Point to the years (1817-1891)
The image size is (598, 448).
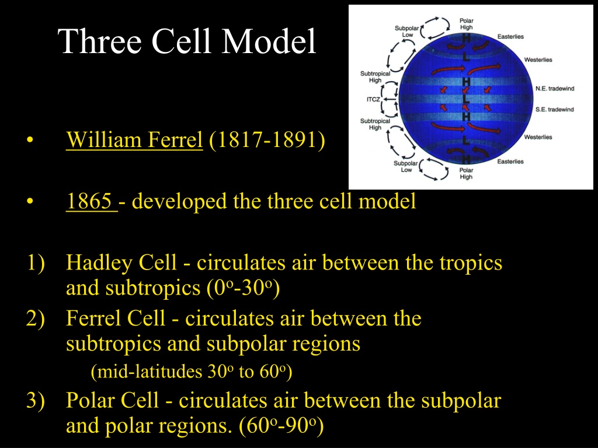[x=267, y=140]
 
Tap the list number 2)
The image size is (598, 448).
[x=36, y=318]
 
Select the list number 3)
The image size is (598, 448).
[x=36, y=401]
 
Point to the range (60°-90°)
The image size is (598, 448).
[x=281, y=426]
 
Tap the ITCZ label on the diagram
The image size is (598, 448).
[x=373, y=99]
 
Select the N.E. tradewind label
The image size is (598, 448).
[x=555, y=89]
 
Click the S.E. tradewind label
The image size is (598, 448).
[x=555, y=109]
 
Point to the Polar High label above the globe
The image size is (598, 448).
[x=466, y=24]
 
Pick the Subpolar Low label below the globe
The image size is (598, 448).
[x=406, y=166]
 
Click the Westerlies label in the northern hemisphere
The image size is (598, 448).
[x=538, y=60]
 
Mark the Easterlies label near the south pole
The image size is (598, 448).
[x=510, y=162]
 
